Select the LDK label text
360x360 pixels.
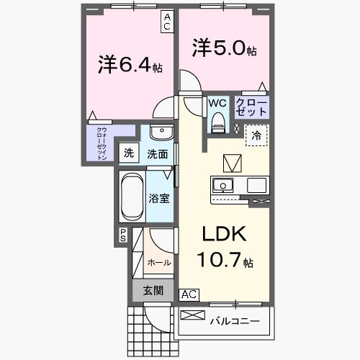point(222,234)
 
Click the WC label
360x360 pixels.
point(217,103)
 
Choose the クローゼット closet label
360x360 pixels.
point(251,107)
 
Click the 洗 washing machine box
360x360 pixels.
point(129,153)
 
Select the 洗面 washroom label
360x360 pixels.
point(158,153)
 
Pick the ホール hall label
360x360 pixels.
point(159,263)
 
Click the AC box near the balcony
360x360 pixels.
point(189,294)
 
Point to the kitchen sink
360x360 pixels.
point(221,184)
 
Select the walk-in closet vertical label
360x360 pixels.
point(102,143)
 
